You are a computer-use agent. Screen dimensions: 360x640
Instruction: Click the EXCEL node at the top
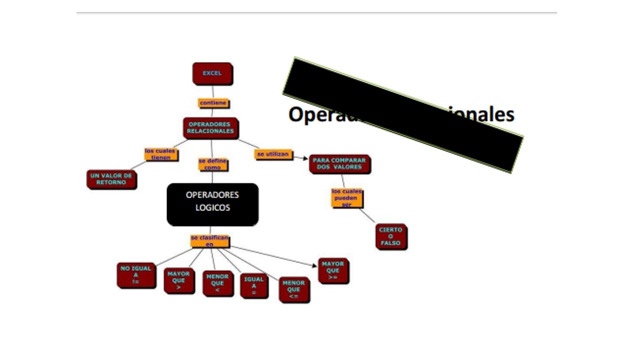(212, 73)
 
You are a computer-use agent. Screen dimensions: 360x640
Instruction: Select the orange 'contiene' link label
(213, 103)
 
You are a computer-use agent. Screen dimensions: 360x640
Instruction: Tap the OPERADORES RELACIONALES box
(210, 128)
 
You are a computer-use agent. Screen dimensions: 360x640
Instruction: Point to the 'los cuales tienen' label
(161, 154)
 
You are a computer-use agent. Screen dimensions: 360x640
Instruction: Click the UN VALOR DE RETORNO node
(111, 179)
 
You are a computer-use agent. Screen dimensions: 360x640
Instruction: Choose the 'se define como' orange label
(212, 164)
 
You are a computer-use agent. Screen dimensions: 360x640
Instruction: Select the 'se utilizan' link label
(273, 154)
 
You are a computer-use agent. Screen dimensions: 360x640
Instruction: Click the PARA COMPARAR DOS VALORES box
(339, 164)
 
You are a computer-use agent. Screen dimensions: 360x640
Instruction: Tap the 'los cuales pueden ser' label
(346, 198)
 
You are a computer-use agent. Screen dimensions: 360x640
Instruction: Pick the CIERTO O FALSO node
(390, 236)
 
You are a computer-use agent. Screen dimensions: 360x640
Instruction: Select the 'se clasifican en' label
(210, 241)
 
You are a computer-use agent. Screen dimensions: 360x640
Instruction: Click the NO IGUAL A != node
(135, 275)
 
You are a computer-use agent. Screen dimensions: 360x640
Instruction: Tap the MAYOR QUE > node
(178, 280)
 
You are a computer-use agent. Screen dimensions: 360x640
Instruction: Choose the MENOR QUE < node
(217, 283)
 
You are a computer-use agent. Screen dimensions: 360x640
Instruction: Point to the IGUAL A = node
(253, 286)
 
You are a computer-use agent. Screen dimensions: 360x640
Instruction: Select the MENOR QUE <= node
(293, 289)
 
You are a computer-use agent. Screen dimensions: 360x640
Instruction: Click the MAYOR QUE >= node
(333, 270)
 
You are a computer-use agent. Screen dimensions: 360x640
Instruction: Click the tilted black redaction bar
(402, 114)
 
